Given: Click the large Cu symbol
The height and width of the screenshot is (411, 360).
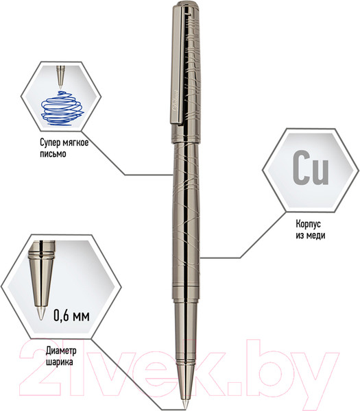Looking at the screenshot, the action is pos(311,168).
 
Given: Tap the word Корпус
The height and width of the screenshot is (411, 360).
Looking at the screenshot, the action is pos(309,225).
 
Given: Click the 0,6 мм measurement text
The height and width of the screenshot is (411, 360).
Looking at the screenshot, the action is pos(71,315).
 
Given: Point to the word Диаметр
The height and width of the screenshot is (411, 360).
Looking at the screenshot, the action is pos(61,351).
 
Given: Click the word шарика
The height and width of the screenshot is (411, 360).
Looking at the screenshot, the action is pos(60,362).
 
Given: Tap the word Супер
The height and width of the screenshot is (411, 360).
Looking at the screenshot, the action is pos(50,143).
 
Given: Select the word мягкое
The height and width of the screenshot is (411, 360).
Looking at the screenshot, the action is pos(75,143).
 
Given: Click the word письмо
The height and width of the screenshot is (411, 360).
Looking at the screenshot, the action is pos(53,153).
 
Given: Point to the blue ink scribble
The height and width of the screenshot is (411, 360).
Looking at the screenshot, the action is pos(62,108).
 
